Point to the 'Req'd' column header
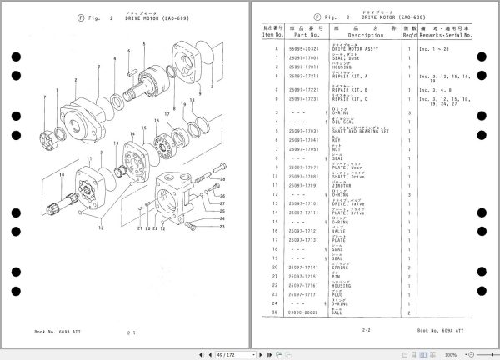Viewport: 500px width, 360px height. pos(409,35)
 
